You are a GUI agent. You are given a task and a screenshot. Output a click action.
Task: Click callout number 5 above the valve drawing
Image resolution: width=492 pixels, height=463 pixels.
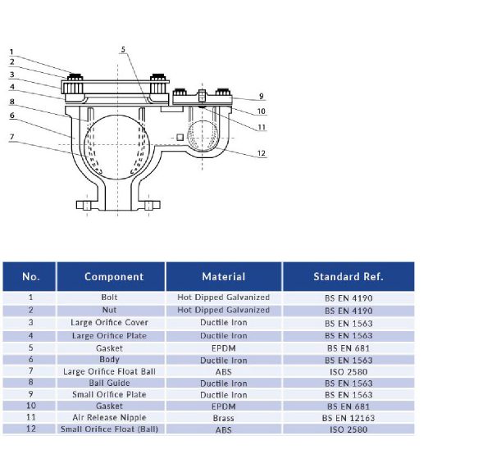(123, 49)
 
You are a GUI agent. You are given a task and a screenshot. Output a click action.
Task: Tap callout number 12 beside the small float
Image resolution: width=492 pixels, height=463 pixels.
(261, 153)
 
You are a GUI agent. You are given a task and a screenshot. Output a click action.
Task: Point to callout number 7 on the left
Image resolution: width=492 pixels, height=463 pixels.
(12, 137)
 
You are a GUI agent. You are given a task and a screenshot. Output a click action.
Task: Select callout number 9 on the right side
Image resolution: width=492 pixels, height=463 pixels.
(261, 96)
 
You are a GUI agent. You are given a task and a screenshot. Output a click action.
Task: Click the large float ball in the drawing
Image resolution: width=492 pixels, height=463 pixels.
(116, 148)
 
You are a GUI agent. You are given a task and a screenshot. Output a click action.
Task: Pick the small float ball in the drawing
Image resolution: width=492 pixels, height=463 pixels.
(203, 136)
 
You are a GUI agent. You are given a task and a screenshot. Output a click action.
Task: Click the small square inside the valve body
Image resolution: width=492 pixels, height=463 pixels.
(180, 137)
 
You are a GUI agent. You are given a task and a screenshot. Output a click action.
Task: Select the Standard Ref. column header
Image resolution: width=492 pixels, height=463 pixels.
(348, 276)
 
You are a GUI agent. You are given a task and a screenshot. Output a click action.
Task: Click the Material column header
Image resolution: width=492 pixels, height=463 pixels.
(224, 276)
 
